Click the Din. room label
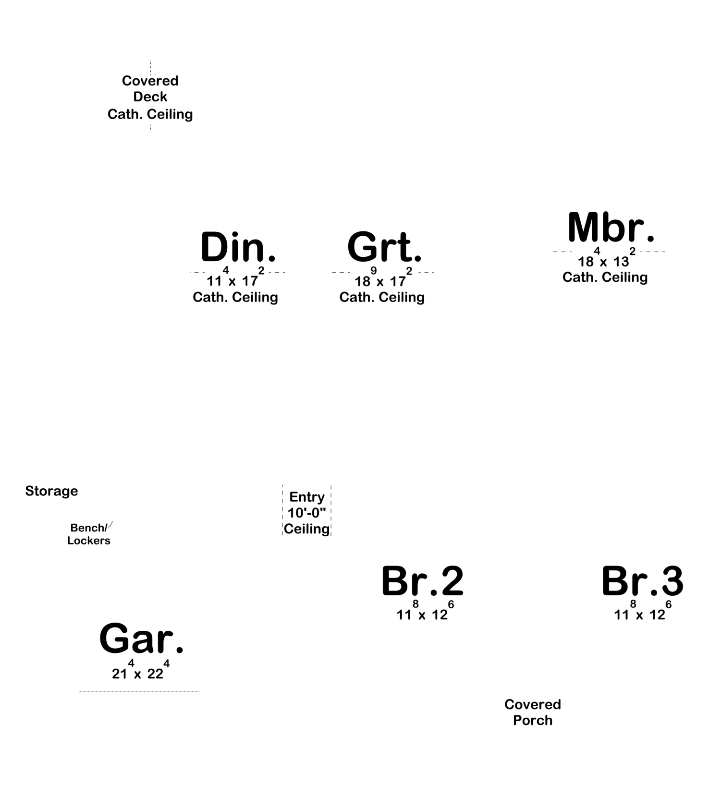238,247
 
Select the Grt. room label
384,247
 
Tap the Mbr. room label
611,227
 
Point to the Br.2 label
422,580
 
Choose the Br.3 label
642,580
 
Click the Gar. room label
141,638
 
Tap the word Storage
51,491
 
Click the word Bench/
89,528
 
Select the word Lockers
89,541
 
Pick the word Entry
307,497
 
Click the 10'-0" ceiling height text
306,513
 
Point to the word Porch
533,720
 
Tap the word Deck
150,97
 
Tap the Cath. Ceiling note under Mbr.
605,277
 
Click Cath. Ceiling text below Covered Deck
150,114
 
